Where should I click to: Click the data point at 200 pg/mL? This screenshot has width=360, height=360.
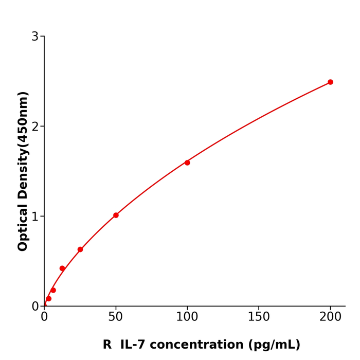point(330,82)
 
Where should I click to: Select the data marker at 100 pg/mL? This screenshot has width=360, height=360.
point(187,163)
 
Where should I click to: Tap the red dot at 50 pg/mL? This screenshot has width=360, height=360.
point(116,215)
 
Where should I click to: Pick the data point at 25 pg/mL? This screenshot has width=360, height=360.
point(80,249)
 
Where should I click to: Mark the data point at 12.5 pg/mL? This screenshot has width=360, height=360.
point(62,268)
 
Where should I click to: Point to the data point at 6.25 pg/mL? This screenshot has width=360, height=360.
point(53,290)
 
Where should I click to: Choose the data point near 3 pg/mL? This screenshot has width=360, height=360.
point(49,299)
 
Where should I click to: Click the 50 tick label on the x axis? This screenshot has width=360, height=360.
point(116,317)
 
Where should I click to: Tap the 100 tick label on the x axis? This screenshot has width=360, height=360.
point(187,317)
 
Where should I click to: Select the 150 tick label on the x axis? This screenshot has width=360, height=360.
point(259,317)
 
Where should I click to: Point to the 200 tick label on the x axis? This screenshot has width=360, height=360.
point(330,317)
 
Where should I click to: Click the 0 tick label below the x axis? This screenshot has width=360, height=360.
point(44,317)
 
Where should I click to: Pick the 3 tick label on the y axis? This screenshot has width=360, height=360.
point(35,37)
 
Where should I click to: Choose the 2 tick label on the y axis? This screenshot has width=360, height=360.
point(35,127)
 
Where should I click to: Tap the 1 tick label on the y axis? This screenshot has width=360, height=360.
point(35,217)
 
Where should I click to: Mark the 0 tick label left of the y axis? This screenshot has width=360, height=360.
point(35,307)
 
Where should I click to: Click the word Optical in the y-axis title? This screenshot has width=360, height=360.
point(23,226)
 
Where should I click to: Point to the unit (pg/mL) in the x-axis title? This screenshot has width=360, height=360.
point(276,345)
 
